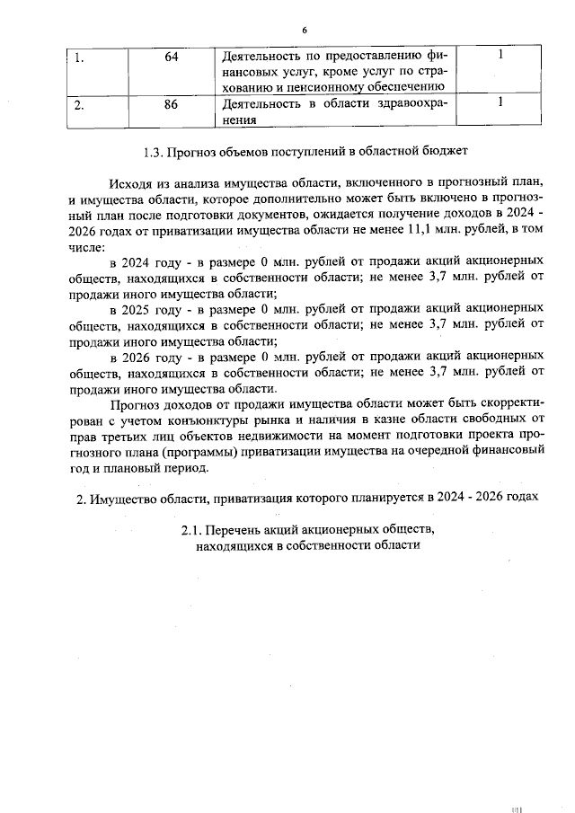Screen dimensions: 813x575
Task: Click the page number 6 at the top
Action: (305, 31)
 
